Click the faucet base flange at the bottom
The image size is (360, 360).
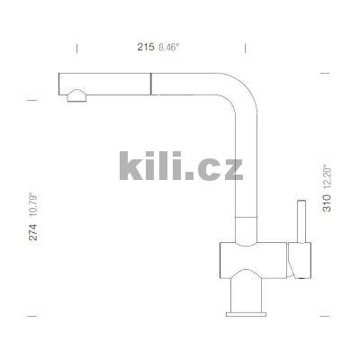click(x=246, y=311)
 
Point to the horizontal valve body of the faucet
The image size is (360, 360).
click(x=254, y=258)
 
